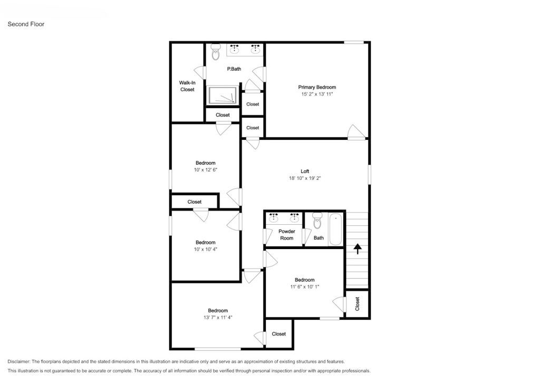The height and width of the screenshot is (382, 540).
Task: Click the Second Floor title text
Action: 26,24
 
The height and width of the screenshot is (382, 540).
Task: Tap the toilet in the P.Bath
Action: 216,52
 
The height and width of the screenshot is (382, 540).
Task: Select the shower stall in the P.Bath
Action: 223,96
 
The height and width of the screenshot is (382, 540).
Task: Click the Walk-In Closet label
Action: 187,86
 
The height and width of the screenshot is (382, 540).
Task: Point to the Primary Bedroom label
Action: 317,87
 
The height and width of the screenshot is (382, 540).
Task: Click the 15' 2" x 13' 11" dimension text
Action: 317,94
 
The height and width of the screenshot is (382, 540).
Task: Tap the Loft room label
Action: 305,171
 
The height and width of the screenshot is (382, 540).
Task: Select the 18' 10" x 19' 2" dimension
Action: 305,178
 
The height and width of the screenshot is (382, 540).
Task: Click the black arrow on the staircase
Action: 358,249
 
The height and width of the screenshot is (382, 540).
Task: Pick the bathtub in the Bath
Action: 336,229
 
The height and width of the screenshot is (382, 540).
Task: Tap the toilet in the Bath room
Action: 317,221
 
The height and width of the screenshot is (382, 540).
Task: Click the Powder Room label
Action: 286,235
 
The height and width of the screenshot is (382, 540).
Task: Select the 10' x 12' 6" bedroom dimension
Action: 206,170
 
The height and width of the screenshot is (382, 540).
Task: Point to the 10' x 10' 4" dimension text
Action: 206,250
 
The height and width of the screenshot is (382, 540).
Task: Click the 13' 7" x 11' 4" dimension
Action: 218,318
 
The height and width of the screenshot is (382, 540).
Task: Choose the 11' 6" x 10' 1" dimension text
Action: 305,286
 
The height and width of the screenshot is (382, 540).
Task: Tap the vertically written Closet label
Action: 357,304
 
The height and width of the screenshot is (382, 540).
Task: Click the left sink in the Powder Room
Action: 274,218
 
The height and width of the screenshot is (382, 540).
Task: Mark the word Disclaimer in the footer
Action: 19,361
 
